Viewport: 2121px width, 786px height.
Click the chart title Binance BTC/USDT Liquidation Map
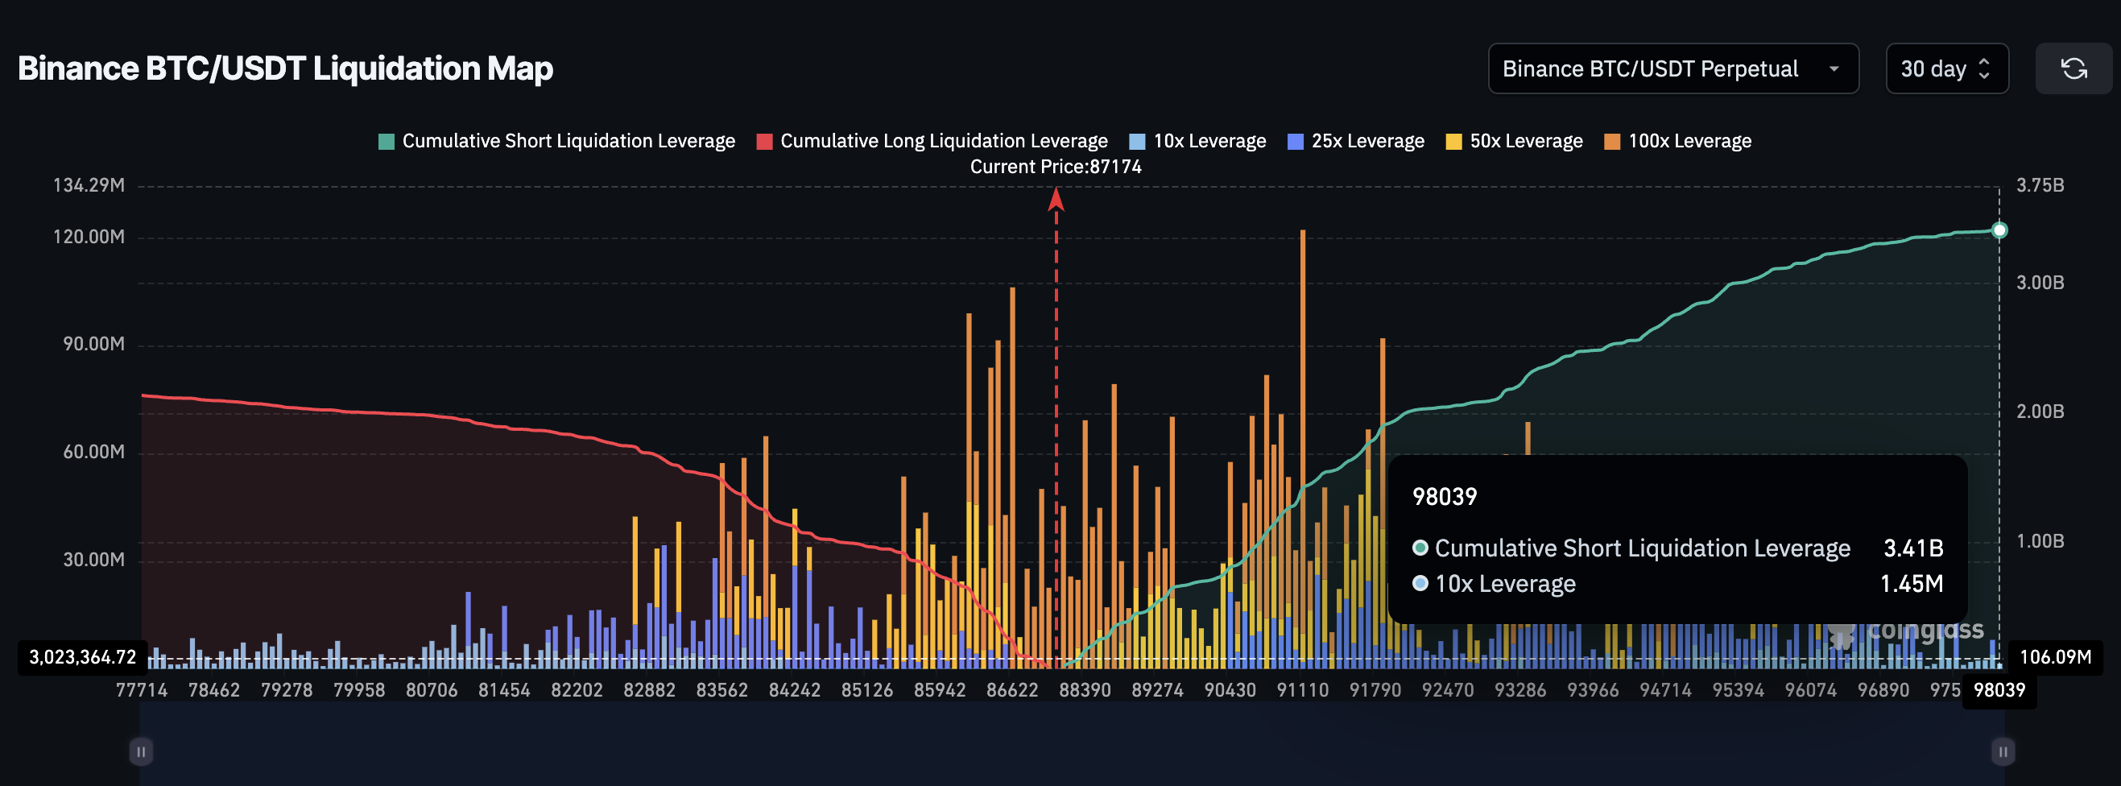(285, 68)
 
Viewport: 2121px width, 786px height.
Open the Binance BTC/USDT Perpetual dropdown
(1672, 69)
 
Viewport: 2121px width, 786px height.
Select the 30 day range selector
(1945, 69)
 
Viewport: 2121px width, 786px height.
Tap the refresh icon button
(2073, 69)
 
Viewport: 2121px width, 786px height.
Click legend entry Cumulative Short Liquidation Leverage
(556, 142)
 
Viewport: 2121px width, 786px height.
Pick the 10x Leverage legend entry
(1198, 142)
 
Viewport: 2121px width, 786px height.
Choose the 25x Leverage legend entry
(1356, 142)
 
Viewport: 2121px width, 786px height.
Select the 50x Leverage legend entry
(1515, 142)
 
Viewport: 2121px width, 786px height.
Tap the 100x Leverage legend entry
(1678, 142)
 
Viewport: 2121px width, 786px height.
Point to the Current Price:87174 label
(1056, 167)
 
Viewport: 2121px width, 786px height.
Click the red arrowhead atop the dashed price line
(1056, 198)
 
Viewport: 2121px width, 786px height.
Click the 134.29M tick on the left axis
(89, 186)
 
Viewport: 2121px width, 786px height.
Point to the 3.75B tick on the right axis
(2040, 186)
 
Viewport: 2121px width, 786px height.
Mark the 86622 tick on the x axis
(1012, 690)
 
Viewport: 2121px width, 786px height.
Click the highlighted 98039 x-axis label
(1999, 690)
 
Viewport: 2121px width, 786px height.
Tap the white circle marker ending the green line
(1999, 230)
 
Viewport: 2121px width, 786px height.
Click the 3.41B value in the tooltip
(1912, 548)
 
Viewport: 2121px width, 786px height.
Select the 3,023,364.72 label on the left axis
(82, 658)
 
